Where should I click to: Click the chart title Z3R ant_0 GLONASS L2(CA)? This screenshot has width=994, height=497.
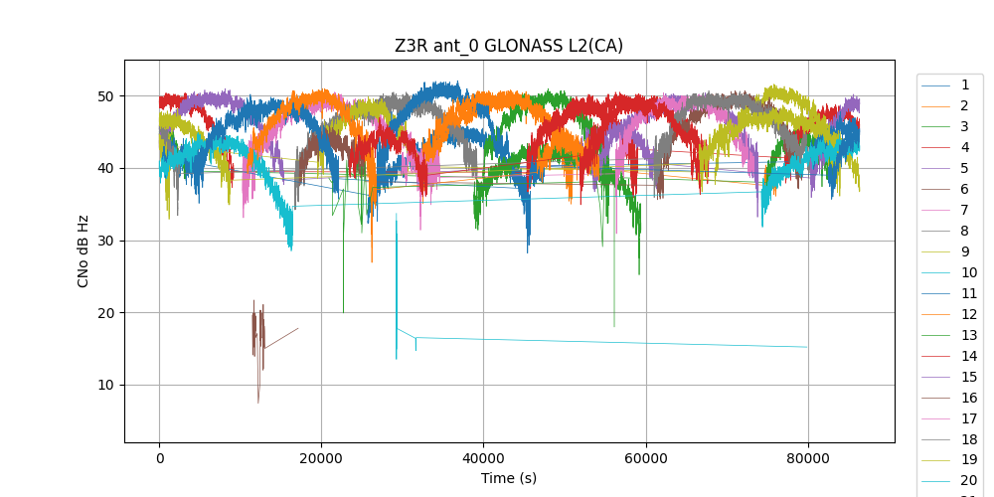(509, 46)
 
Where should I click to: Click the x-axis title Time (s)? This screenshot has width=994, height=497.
(509, 478)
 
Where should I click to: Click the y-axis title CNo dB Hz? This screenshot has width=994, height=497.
(83, 250)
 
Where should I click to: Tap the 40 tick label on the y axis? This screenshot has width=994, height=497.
(106, 168)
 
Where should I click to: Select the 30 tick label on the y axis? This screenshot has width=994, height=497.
(106, 241)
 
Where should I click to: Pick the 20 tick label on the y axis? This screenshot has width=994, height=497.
(106, 313)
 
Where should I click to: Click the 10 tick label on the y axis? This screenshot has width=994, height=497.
(106, 386)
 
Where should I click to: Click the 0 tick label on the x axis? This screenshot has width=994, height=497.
(159, 458)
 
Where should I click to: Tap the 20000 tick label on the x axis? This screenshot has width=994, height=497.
(321, 458)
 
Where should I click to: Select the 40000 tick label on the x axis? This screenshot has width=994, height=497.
(483, 458)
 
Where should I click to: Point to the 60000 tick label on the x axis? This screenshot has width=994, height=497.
(645, 458)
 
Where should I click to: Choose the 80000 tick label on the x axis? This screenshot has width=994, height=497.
(807, 458)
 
